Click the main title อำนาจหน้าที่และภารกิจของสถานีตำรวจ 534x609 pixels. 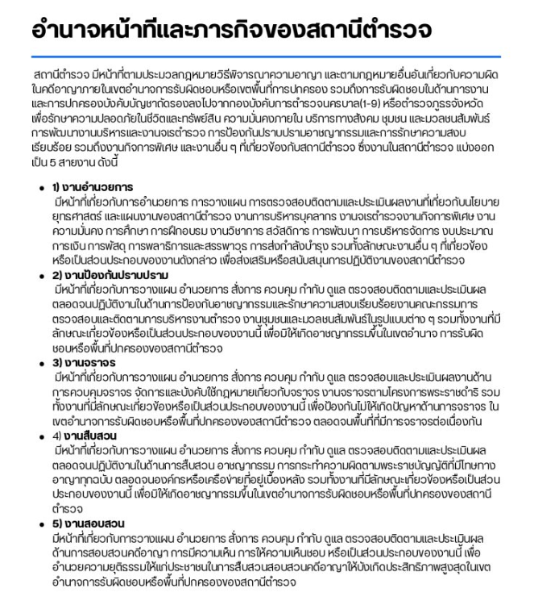(231, 30)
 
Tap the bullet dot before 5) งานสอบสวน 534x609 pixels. (42, 524)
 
